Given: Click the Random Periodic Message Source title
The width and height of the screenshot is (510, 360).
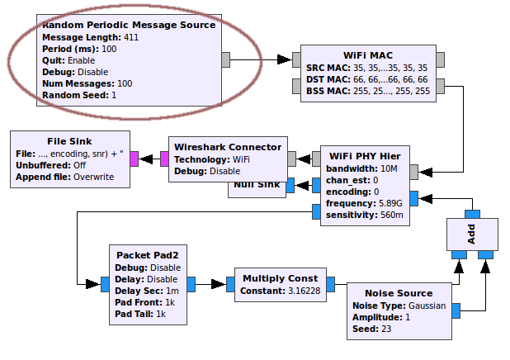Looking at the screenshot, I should pyautogui.click(x=128, y=25).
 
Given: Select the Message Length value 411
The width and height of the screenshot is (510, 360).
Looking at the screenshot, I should pyautogui.click(x=130, y=37).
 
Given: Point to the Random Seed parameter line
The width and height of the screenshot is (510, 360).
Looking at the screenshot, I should pyautogui.click(x=79, y=95).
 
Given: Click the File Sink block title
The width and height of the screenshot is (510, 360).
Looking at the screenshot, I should pyautogui.click(x=69, y=141).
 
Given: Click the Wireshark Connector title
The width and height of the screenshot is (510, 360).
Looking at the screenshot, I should pyautogui.click(x=228, y=147).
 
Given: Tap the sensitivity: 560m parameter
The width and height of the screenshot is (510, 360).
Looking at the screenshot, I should pyautogui.click(x=366, y=215).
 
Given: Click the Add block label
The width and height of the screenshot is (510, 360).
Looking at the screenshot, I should pyautogui.click(x=471, y=233).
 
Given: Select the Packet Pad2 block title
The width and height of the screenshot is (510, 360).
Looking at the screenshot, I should pyautogui.click(x=148, y=256).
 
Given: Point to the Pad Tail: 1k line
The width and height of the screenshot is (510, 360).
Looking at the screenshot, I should pyautogui.click(x=142, y=314).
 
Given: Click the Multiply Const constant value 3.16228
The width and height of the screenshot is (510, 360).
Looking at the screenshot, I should pyautogui.click(x=304, y=291).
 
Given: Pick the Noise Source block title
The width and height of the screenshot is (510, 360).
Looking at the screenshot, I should pyautogui.click(x=398, y=293).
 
